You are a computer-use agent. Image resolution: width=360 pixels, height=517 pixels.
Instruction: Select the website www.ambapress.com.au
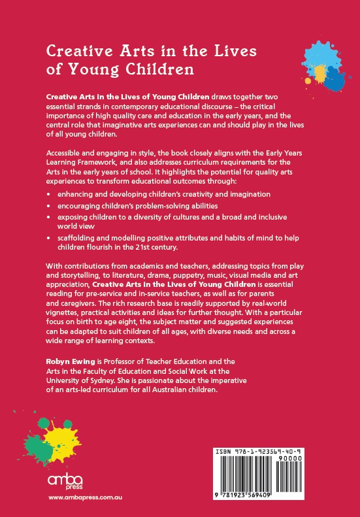86,498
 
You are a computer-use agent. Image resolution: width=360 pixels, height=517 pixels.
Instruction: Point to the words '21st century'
210,248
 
